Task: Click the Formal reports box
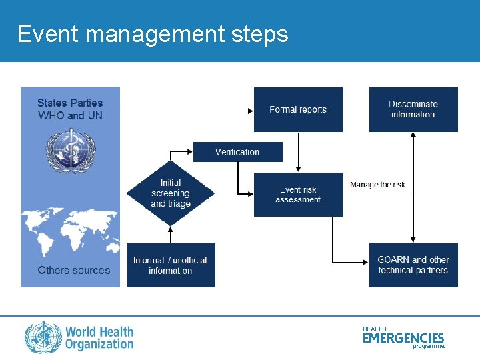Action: click(298, 109)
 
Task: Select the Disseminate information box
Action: click(413, 109)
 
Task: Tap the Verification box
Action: click(237, 152)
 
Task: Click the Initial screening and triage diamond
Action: click(171, 193)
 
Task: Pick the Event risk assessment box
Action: click(298, 194)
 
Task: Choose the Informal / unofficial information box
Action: click(171, 265)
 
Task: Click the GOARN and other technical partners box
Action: click(413, 265)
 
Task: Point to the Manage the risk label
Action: click(377, 185)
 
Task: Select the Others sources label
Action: click(73, 270)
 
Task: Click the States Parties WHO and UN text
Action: click(70, 109)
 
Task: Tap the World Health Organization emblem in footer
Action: click(43, 337)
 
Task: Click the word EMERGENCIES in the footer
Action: click(403, 339)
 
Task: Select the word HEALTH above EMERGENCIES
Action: click(374, 329)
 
